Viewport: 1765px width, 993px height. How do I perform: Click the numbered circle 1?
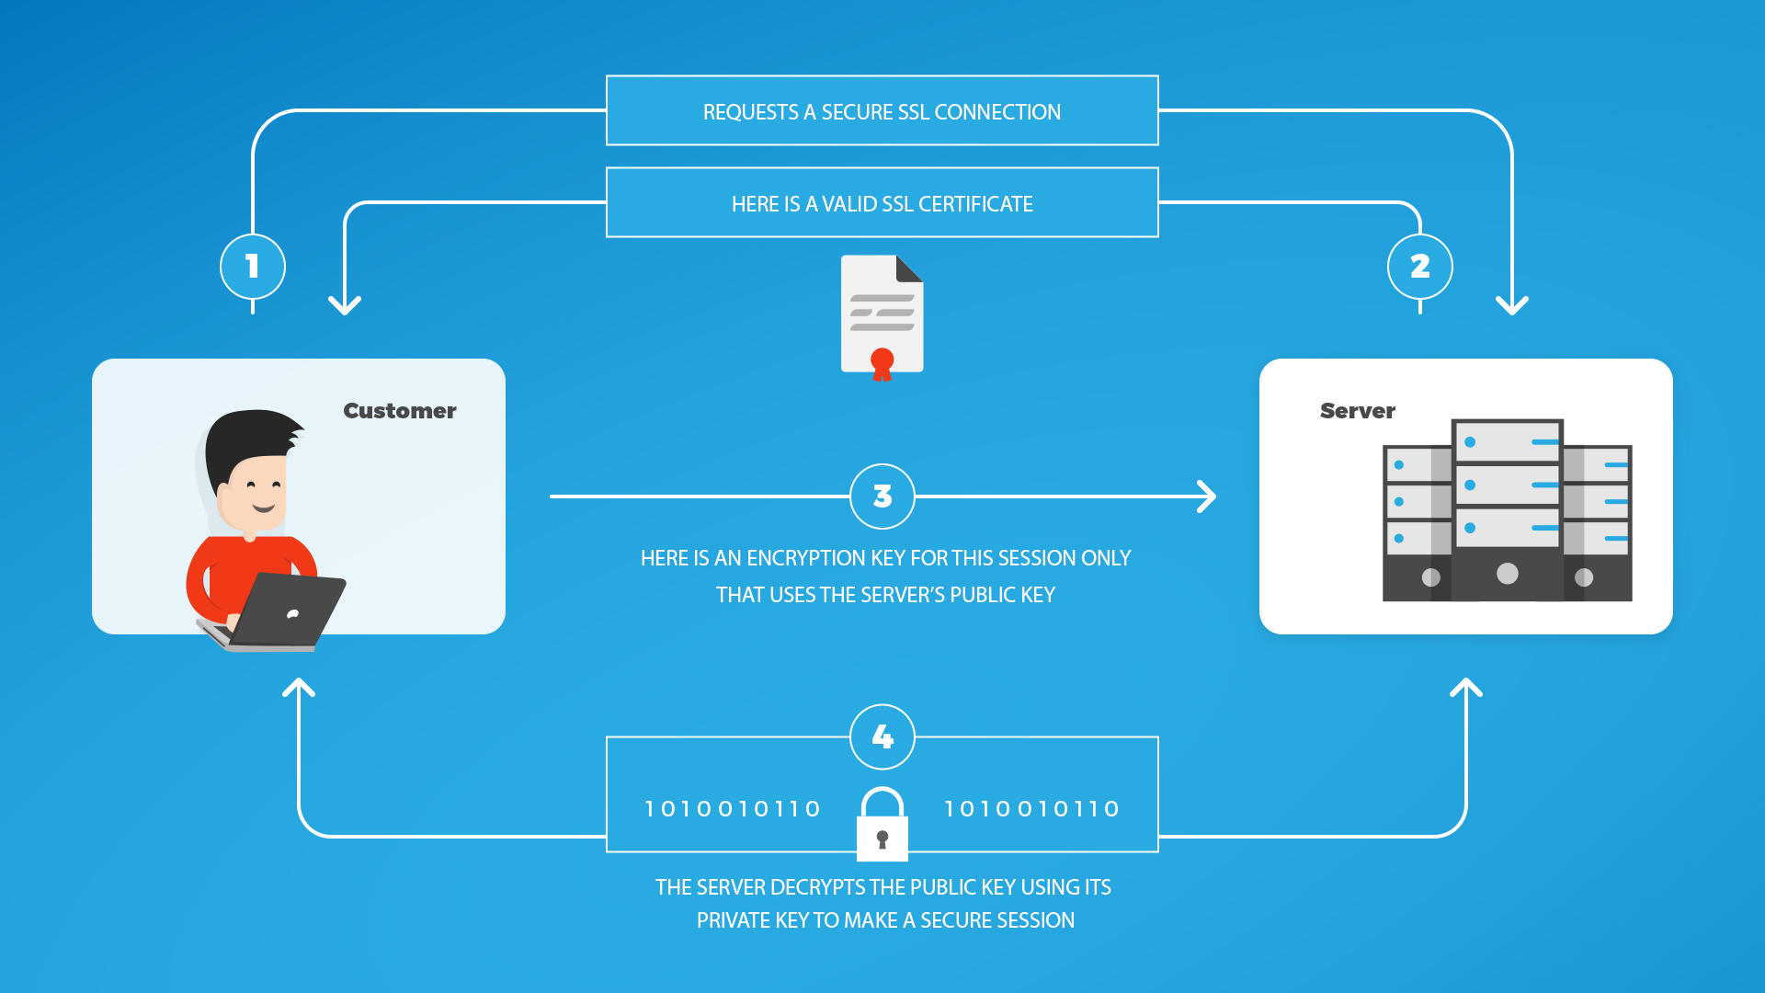pyautogui.click(x=253, y=267)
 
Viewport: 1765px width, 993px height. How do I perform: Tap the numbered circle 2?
pyautogui.click(x=1420, y=267)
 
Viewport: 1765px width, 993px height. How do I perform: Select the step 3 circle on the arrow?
pyautogui.click(x=882, y=496)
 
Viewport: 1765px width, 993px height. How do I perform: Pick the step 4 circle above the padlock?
pyautogui.click(x=882, y=736)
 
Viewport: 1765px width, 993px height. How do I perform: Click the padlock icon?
pyautogui.click(x=882, y=824)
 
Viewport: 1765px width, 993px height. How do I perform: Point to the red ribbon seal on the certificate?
pyautogui.click(x=882, y=364)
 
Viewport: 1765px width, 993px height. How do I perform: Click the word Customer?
pyautogui.click(x=400, y=411)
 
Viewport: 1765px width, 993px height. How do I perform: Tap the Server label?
pyautogui.click(x=1358, y=411)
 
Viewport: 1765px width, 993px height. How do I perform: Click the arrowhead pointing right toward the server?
pyautogui.click(x=1207, y=496)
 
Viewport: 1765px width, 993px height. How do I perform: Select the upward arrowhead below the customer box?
pyautogui.click(x=299, y=688)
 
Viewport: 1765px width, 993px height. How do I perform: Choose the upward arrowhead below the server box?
pyautogui.click(x=1466, y=688)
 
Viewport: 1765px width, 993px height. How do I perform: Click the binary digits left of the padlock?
pyautogui.click(x=733, y=809)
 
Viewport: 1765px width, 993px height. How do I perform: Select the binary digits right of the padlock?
pyautogui.click(x=1031, y=809)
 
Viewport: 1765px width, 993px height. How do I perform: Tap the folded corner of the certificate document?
pyautogui.click(x=908, y=268)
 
